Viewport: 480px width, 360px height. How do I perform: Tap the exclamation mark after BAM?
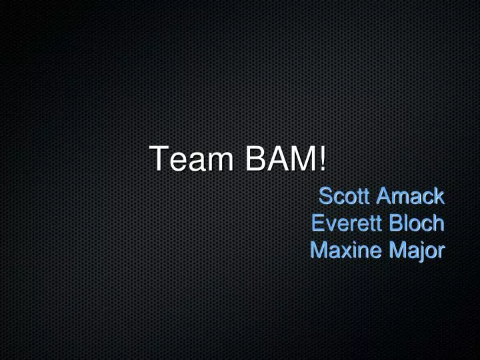323,159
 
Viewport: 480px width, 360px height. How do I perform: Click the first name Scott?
343,196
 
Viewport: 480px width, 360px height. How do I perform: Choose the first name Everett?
341,223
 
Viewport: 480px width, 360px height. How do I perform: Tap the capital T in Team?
159,159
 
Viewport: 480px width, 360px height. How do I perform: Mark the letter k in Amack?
438,196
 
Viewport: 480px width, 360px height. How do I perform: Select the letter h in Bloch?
438,223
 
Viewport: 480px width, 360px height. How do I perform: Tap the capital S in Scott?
326,196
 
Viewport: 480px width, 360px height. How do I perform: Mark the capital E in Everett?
317,223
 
